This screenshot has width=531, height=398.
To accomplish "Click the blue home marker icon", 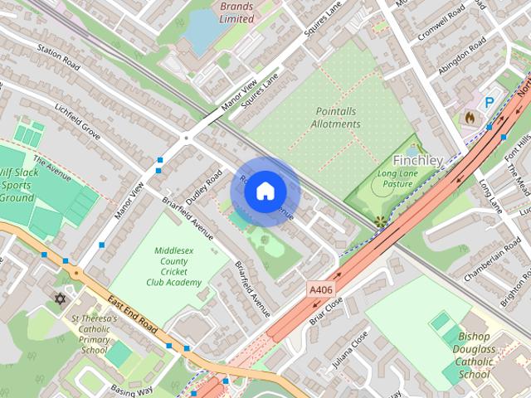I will tap(265, 191).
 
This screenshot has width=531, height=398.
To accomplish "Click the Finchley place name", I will tap(417, 159).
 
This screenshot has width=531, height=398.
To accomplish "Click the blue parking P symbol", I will tap(490, 101).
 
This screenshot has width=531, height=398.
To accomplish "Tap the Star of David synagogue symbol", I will tap(59, 298).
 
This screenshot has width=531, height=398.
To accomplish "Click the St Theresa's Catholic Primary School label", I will tap(95, 333).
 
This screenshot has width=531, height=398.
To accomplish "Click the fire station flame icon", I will tap(470, 118).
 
